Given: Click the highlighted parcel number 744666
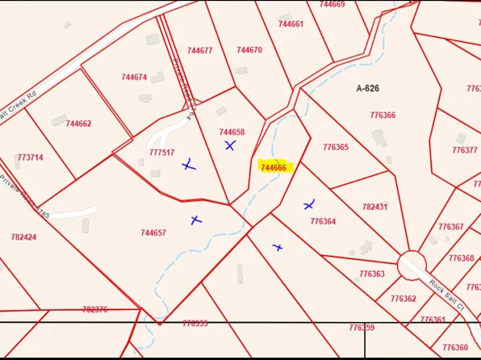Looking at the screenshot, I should (x=273, y=168).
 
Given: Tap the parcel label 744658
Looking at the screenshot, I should (x=232, y=132).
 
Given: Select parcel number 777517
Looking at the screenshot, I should (x=161, y=153).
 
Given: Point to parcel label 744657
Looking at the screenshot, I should (x=153, y=233).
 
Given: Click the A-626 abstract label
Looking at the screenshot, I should (x=368, y=88).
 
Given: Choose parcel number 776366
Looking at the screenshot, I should (x=383, y=115).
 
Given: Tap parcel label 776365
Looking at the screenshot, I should (x=336, y=148).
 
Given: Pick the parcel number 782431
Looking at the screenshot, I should (x=374, y=207).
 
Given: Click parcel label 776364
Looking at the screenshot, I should (x=323, y=221).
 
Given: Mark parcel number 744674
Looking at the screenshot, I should (x=134, y=77).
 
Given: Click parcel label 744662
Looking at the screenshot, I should (x=78, y=123).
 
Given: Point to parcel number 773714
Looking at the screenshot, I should (x=30, y=157).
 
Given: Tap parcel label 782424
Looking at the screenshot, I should (x=24, y=237).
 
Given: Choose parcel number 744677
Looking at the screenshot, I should (x=199, y=51).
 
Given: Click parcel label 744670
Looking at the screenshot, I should (x=249, y=50).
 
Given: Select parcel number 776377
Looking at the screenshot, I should (x=464, y=150).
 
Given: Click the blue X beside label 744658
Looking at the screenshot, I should (x=230, y=146).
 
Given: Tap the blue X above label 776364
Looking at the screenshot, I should (x=309, y=205).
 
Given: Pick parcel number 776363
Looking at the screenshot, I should (x=372, y=274).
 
